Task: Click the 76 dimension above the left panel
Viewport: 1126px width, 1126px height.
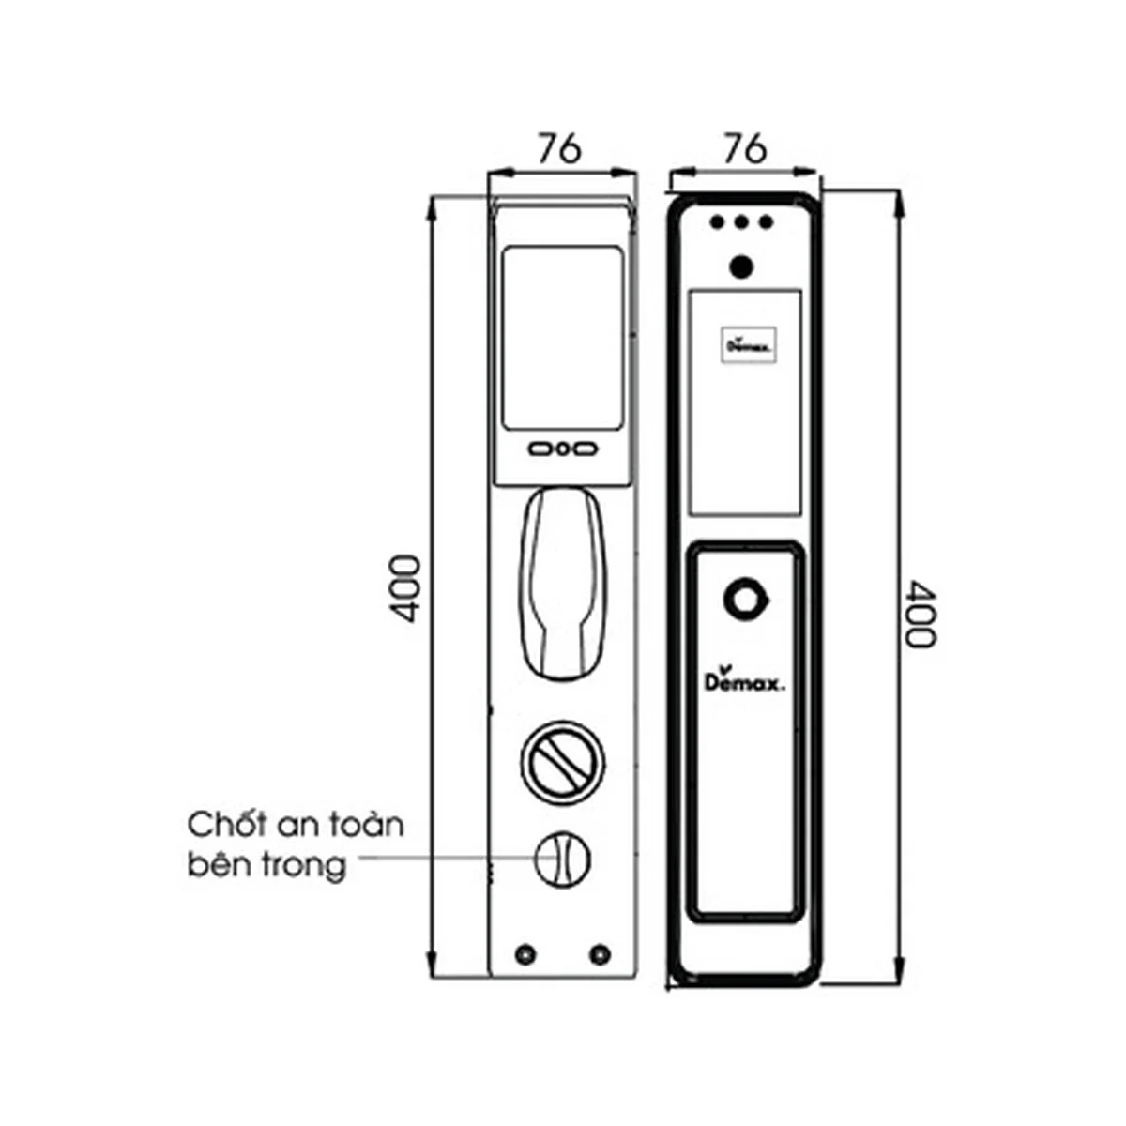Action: coord(559,148)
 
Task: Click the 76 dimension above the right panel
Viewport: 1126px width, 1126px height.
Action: coord(744,148)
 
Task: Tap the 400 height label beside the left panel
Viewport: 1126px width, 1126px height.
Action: coord(404,588)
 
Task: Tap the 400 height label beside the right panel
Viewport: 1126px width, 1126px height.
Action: coord(921,613)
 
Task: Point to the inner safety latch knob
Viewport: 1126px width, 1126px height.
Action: coord(561,859)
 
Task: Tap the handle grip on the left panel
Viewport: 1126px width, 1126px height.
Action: coord(563,584)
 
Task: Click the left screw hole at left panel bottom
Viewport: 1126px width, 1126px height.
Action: coord(525,954)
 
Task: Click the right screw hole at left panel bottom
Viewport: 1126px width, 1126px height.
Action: coord(600,954)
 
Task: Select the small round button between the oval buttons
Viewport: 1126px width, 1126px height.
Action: coord(562,449)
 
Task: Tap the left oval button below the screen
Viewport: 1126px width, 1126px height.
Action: coord(541,449)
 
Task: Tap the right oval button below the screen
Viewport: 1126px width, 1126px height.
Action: coord(584,449)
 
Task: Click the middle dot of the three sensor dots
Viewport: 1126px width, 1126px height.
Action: coord(742,222)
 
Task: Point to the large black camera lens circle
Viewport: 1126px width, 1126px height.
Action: coord(741,267)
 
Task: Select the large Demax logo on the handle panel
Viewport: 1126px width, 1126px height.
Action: coord(744,679)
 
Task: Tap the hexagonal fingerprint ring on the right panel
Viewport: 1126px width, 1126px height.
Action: coord(746,600)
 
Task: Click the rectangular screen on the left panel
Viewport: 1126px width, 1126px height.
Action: coord(562,339)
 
